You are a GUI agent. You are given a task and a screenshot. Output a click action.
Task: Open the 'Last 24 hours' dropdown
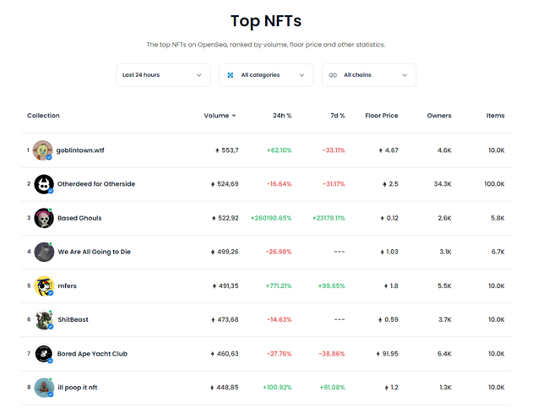(163, 75)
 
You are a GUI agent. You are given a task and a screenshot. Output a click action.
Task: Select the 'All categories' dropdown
(266, 75)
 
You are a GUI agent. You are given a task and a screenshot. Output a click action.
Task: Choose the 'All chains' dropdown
(368, 75)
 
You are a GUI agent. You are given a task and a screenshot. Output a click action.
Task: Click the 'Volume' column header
(219, 116)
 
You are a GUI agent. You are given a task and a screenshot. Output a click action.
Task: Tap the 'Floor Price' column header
(381, 116)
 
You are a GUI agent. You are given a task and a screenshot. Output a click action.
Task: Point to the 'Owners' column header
(439, 116)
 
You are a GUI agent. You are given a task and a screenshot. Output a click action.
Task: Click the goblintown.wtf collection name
(80, 150)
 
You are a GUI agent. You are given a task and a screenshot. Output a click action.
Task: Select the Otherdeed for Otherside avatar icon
(43, 184)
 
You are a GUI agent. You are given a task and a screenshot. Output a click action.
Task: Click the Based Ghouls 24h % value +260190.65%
(271, 218)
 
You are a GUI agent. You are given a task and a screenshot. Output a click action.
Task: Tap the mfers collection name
(67, 286)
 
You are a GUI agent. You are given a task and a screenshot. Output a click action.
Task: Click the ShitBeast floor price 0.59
(390, 320)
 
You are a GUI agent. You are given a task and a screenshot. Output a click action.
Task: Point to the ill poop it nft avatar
(43, 388)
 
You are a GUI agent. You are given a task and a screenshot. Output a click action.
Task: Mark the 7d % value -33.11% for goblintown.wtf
(333, 150)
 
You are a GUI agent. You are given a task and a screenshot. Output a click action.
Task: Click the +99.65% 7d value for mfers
(331, 286)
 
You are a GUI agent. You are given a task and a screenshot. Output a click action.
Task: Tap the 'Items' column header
(495, 116)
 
